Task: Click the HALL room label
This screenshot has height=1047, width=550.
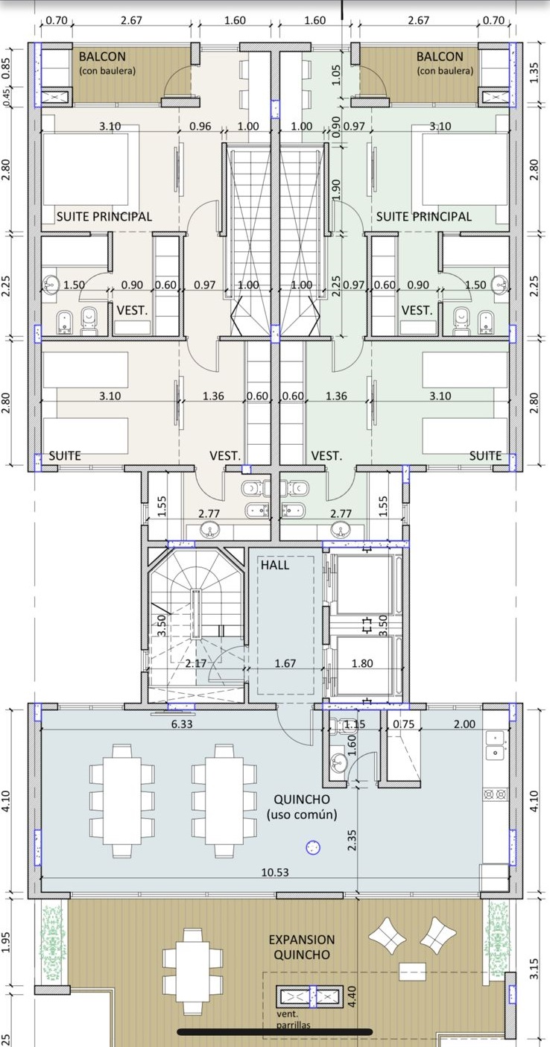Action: (275, 565)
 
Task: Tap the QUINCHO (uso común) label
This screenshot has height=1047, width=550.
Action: (302, 807)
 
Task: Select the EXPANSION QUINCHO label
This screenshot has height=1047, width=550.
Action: (302, 947)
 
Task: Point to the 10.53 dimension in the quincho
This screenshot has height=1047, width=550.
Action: (275, 872)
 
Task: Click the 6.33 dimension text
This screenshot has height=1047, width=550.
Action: (182, 724)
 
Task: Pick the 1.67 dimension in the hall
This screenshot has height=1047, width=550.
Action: (285, 663)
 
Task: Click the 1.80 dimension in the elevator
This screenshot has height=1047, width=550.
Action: (362, 663)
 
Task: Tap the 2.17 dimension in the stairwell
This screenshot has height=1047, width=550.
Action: (195, 663)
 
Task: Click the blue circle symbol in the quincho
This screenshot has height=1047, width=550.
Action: (312, 847)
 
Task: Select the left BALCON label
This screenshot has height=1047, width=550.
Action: (102, 57)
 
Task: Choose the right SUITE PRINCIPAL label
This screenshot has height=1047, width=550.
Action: (424, 216)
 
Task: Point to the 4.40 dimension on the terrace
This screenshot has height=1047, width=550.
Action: (353, 996)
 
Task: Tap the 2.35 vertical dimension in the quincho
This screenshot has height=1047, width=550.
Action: (353, 840)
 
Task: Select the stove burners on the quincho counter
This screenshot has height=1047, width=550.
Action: (496, 793)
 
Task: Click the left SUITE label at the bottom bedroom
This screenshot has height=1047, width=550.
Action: (65, 456)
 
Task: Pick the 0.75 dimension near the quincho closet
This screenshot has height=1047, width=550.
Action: (404, 724)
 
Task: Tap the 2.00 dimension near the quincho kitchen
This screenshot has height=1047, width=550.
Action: (464, 724)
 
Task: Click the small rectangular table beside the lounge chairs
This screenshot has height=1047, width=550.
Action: (412, 971)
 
